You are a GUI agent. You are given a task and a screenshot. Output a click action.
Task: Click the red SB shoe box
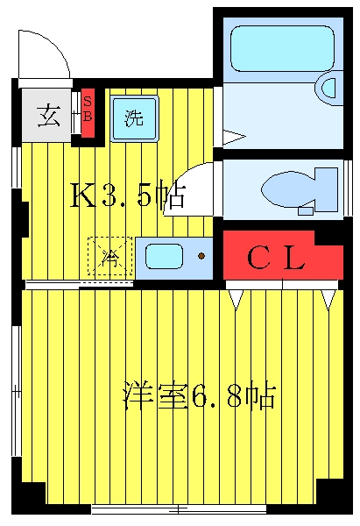[x=88, y=113]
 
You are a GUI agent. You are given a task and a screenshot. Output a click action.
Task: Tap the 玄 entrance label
[x=49, y=116]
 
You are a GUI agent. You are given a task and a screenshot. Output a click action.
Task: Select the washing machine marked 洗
[x=134, y=118]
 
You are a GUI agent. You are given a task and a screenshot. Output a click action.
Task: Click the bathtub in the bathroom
[x=282, y=49]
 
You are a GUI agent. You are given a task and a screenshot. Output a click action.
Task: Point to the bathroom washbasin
[x=328, y=88]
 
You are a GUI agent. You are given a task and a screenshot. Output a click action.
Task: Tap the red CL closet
[x=283, y=255]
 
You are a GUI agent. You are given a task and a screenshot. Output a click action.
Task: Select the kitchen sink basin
[x=165, y=256]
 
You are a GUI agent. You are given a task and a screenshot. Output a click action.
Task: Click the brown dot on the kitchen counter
[x=201, y=256]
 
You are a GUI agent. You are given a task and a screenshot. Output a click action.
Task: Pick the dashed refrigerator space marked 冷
[x=110, y=256]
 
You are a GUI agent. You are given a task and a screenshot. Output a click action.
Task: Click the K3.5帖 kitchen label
[x=127, y=197]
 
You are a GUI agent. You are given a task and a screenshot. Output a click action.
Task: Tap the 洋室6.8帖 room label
[x=200, y=396]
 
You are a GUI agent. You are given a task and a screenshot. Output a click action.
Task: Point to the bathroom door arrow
[x=234, y=137]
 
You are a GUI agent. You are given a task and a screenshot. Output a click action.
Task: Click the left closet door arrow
[x=236, y=300]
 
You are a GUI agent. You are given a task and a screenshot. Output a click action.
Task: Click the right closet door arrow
[x=328, y=300]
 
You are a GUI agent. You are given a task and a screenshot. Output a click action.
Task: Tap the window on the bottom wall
[x=179, y=510]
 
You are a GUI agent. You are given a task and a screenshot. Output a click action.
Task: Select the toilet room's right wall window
[x=348, y=188]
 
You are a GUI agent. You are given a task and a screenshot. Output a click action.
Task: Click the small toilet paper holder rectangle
[x=306, y=211]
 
